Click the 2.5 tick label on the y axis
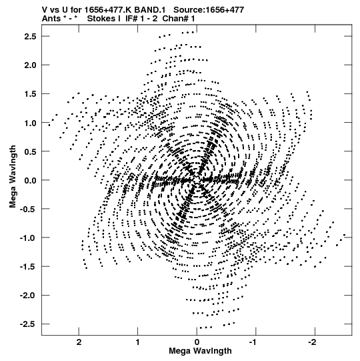(30, 37)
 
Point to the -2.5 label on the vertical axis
(28, 324)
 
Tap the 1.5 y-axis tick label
(30, 94)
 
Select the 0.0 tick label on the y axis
(30, 180)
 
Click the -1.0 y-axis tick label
(28, 238)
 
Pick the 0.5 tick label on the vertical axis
(30, 151)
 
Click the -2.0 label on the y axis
(28, 295)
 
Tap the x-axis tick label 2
(79, 342)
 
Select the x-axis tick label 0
(197, 342)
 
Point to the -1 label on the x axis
(254, 342)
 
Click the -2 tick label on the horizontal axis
(313, 342)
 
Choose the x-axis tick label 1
(138, 342)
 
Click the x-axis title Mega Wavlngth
(200, 351)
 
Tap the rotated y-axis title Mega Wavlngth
(13, 177)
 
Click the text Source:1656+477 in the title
(209, 10)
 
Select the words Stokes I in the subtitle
(104, 19)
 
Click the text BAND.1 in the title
(150, 10)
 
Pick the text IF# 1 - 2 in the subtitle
(141, 19)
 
